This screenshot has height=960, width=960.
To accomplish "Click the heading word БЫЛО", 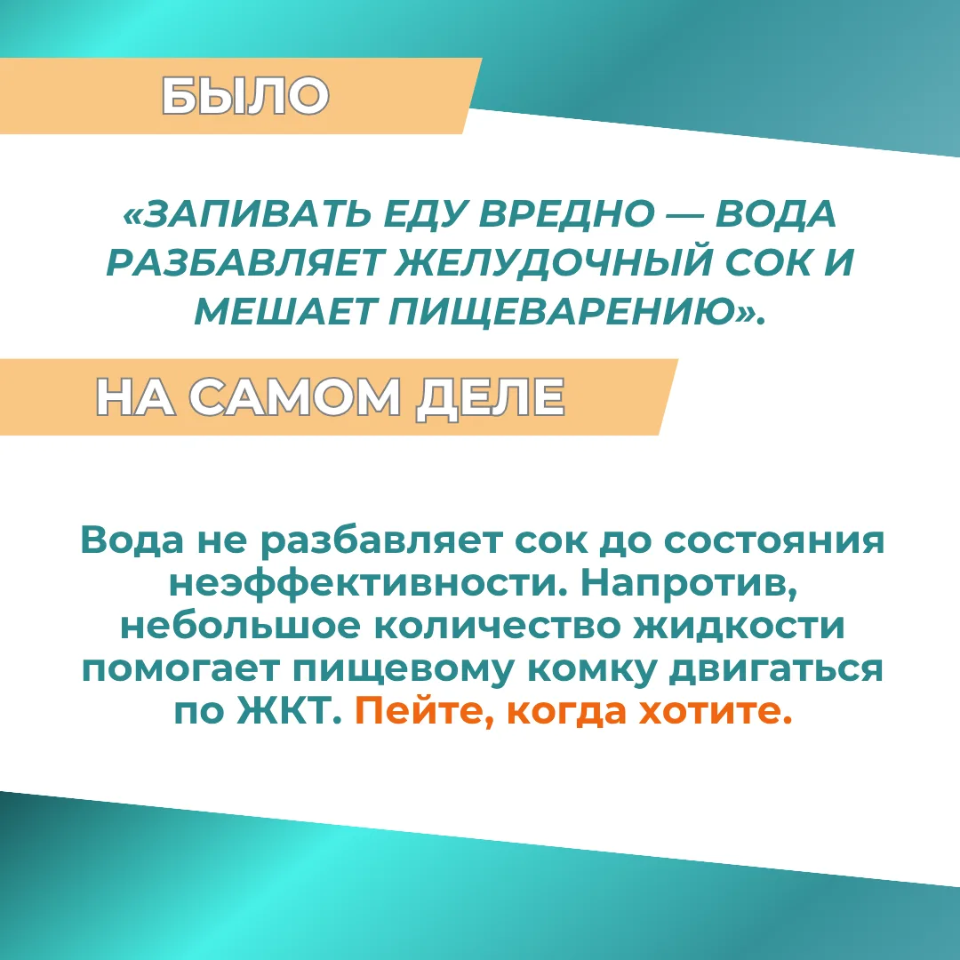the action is [245, 95].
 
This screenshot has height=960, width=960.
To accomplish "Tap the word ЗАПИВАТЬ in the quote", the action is [256, 214].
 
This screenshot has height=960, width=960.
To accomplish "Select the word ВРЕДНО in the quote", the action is [566, 214].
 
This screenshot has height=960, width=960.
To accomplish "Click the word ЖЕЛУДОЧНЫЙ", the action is [555, 262].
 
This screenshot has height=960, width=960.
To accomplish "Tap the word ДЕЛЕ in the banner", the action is [490, 398].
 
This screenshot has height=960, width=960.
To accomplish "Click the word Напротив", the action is [689, 584].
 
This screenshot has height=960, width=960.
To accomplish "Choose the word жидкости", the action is [739, 627].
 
